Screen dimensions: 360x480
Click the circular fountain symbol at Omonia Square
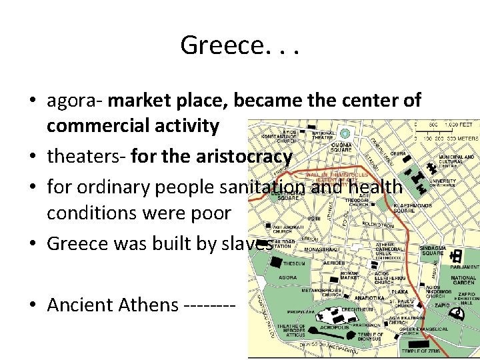coord(345,133)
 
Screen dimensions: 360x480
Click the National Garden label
coord(463,281)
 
